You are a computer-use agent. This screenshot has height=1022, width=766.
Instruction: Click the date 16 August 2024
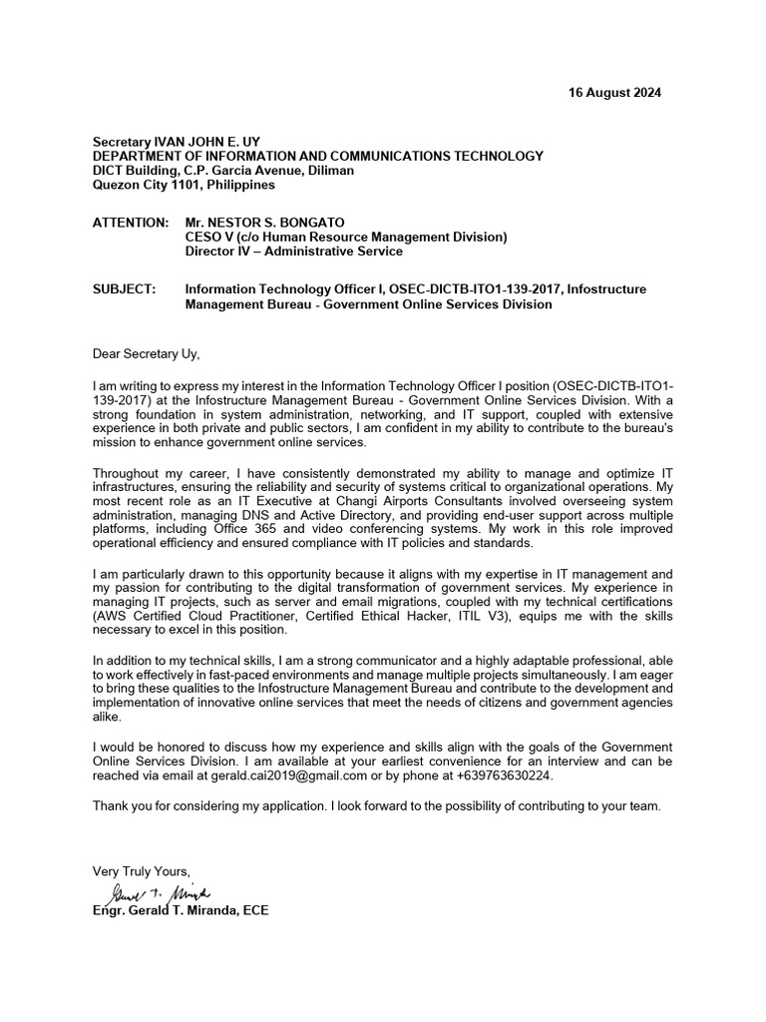613,93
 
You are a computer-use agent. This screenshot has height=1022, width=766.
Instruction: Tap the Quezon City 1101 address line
184,185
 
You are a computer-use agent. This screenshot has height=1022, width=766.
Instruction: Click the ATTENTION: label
130,222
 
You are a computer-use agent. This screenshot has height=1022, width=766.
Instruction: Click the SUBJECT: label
124,289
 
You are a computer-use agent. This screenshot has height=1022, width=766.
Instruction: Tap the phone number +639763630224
498,775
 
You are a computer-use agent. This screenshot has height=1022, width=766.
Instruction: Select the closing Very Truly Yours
141,869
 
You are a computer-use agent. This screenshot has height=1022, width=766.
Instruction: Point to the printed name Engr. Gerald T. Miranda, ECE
181,911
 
